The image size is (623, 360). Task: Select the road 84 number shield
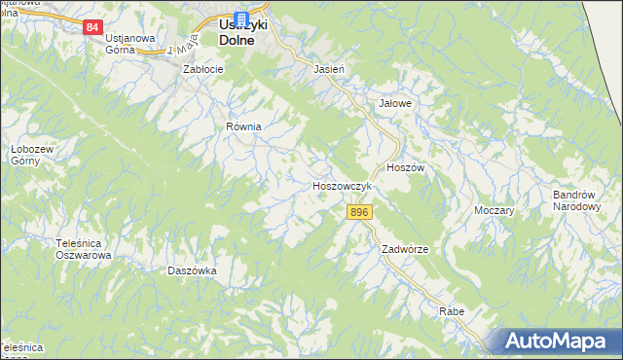pyautogui.click(x=92, y=27)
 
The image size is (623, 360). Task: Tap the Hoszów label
pyautogui.click(x=406, y=167)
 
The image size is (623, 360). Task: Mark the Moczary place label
pyautogui.click(x=494, y=210)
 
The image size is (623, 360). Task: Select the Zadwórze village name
pyautogui.click(x=405, y=249)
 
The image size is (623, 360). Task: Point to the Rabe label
pyautogui.click(x=452, y=311)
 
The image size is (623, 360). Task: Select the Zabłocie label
pyautogui.click(x=204, y=70)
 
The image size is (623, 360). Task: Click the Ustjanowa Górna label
pyautogui.click(x=134, y=44)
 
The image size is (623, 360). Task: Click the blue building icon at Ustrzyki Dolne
pyautogui.click(x=241, y=19)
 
